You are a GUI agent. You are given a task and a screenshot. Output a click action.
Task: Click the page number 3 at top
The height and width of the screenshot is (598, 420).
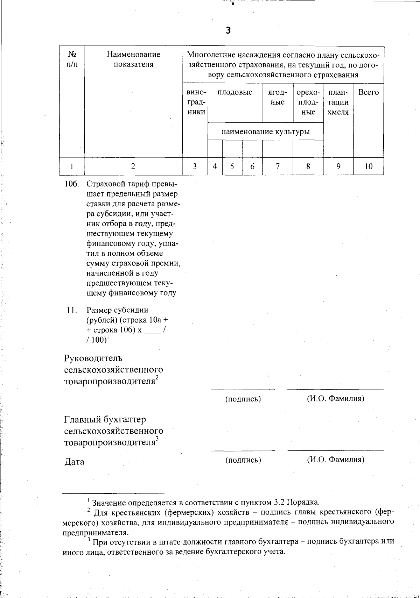pyautogui.click(x=228, y=31)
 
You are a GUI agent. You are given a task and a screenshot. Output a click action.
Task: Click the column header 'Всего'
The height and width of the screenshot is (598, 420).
pyautogui.click(x=369, y=93)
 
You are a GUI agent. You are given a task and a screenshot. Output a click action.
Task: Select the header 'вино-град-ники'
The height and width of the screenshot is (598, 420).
pyautogui.click(x=196, y=102)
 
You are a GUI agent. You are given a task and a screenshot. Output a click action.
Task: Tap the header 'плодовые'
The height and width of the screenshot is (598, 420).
pyautogui.click(x=235, y=93)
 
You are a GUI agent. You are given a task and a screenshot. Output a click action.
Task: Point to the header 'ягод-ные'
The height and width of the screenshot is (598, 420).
pyautogui.click(x=278, y=97)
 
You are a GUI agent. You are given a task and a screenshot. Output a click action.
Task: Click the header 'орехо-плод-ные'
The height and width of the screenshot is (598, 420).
pyautogui.click(x=308, y=102)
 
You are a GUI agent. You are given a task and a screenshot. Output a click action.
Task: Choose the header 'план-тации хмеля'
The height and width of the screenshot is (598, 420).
pyautogui.click(x=338, y=102)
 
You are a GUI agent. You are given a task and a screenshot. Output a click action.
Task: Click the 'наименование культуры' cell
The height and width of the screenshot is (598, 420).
pyautogui.click(x=265, y=132)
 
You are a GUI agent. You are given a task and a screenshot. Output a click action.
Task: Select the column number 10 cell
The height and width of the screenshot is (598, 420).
pyautogui.click(x=369, y=166)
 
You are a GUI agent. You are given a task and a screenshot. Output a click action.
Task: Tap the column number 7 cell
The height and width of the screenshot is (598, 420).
pyautogui.click(x=278, y=166)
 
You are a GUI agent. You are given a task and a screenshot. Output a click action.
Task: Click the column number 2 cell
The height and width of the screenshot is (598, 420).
pyautogui.click(x=133, y=166)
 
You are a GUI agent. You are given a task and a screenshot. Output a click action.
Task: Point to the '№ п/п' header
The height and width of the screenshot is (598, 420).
pyautogui.click(x=72, y=59)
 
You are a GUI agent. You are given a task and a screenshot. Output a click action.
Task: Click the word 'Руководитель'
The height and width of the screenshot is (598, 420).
pyautogui.click(x=93, y=358)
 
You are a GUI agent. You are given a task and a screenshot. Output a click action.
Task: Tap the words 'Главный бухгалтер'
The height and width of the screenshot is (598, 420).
pyautogui.click(x=105, y=419)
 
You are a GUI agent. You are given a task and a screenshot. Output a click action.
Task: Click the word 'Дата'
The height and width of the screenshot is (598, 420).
pyautogui.click(x=74, y=462)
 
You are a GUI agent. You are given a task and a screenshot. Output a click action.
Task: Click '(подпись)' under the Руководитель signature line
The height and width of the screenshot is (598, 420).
pyautogui.click(x=243, y=399)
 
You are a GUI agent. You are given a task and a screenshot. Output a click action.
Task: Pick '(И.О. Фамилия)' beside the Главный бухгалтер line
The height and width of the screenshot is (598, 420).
pyautogui.click(x=335, y=460)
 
